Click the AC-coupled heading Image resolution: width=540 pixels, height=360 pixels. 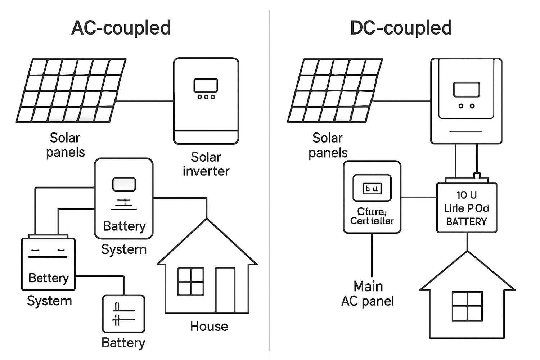(x=121, y=28)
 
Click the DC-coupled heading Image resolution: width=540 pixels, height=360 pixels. (x=401, y=28)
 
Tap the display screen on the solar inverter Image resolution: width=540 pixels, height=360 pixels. (x=206, y=85)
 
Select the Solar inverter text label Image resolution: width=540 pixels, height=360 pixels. (x=206, y=164)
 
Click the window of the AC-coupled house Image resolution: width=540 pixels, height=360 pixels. (x=191, y=282)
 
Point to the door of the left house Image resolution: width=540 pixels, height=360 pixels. (x=225, y=290)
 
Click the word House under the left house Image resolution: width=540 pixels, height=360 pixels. (x=209, y=326)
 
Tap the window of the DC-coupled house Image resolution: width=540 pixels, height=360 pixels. (x=467, y=306)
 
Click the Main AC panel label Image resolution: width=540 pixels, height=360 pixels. (x=368, y=294)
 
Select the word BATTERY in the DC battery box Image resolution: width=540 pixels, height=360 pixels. (x=466, y=222)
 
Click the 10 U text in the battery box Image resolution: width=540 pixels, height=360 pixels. (x=466, y=195)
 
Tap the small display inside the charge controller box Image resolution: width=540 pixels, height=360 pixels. (x=372, y=188)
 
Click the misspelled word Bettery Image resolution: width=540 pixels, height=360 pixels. (x=48, y=278)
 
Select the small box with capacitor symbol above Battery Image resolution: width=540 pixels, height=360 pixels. (x=123, y=314)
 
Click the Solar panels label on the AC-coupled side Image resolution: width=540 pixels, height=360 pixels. (x=65, y=145)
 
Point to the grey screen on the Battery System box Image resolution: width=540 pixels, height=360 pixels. (x=124, y=184)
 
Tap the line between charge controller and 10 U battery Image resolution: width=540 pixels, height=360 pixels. (x=419, y=197)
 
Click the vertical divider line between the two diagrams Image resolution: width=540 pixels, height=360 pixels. (x=269, y=180)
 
